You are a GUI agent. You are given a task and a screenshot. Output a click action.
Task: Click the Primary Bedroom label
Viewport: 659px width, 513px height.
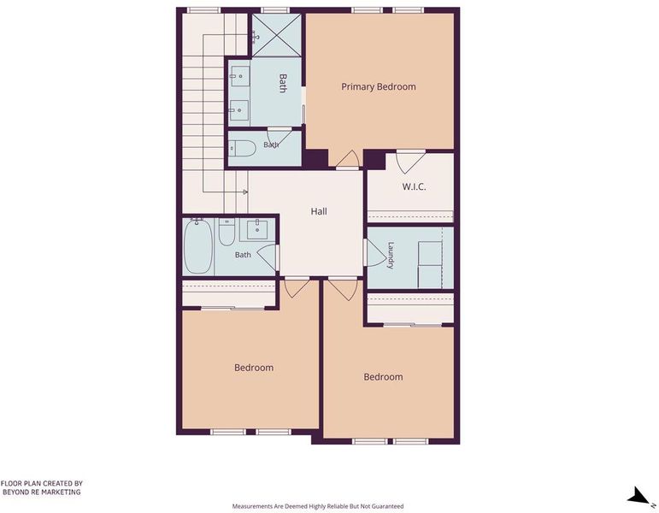[379, 86]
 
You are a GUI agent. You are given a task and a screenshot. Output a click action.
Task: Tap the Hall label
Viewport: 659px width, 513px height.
[319, 211]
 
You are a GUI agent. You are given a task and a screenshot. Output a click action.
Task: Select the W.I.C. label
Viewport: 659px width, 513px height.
[414, 186]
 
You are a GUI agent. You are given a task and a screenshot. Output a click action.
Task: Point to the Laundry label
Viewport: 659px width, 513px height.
[391, 256]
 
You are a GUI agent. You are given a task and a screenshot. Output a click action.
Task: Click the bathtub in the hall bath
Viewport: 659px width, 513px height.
[198, 246]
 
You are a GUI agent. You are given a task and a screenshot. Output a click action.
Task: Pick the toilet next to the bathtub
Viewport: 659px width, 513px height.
[227, 232]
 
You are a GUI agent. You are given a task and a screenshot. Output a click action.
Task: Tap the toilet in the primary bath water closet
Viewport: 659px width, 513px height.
[242, 148]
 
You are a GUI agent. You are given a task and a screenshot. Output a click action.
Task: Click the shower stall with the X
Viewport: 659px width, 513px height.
[277, 35]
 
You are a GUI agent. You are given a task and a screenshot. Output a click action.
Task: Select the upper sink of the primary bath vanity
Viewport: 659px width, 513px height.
[239, 76]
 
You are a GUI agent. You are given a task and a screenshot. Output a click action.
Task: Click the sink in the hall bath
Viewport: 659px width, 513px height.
[256, 230]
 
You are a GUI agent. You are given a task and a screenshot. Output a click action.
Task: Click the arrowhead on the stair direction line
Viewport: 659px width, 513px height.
[245, 192]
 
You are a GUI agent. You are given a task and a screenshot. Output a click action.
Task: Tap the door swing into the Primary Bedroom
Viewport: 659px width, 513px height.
[347, 158]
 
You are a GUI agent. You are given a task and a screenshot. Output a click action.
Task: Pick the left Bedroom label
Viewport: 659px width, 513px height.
[254, 368]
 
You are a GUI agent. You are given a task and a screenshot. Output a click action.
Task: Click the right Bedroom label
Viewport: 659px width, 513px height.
[383, 377]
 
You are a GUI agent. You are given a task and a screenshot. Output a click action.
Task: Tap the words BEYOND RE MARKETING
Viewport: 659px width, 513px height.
[42, 492]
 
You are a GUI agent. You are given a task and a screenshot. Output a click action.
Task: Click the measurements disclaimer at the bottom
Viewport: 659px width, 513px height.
[318, 506]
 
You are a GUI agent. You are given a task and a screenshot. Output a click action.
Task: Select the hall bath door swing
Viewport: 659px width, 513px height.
[268, 257]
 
